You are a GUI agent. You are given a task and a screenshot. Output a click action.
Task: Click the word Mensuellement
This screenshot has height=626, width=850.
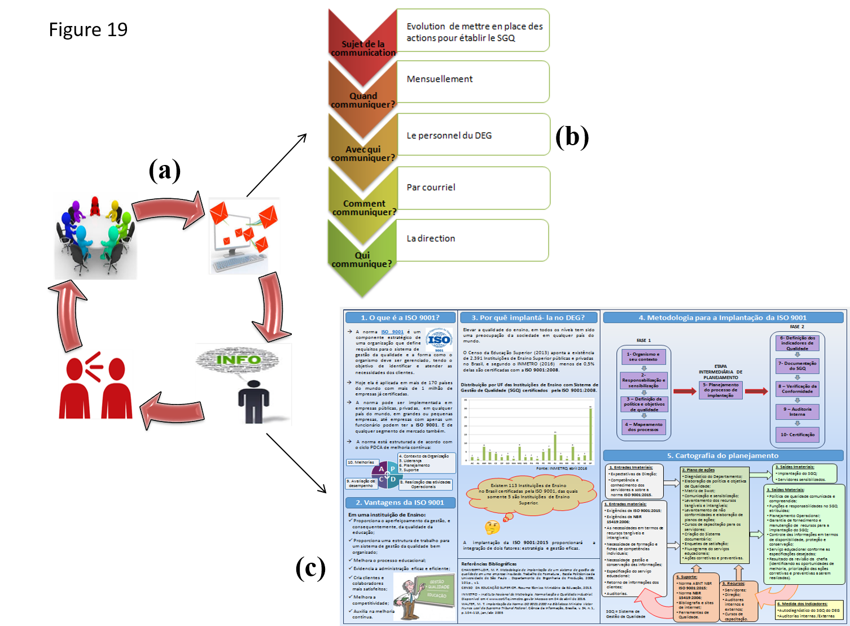coord(440,79)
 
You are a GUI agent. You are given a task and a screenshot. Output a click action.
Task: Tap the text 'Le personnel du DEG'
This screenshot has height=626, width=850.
coord(449,136)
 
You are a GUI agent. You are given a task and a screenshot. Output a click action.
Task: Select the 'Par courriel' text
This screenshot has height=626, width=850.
coord(431,188)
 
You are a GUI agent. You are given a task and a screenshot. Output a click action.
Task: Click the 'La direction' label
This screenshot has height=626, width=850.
coord(431,238)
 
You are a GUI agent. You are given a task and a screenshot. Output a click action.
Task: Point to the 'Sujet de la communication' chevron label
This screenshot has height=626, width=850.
coord(363,48)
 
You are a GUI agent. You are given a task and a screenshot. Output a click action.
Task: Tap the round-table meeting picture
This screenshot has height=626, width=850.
coord(95,236)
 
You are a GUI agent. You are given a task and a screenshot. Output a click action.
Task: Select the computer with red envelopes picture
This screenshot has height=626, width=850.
coord(244,236)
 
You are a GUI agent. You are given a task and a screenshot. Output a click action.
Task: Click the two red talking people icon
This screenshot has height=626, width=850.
coord(95,384)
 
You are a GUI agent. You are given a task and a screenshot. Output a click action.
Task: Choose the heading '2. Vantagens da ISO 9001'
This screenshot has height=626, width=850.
coord(400,502)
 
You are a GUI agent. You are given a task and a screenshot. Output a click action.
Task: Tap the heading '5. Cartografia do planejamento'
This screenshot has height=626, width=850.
coord(722,455)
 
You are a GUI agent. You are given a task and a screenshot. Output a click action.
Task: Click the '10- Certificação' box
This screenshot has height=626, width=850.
coord(797,434)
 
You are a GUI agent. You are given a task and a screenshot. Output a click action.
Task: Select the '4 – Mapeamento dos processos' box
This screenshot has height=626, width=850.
coord(643,427)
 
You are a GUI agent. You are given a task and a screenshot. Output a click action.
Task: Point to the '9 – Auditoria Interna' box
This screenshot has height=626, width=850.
coord(797,411)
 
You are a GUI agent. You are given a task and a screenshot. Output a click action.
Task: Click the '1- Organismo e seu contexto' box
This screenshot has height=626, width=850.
coord(643,357)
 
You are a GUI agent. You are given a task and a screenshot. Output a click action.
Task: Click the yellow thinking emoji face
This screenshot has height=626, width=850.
coord(492,528)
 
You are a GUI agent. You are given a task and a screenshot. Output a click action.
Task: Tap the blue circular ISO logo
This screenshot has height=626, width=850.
coord(439,340)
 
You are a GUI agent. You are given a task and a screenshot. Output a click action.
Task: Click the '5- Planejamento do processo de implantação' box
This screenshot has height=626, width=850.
coord(720,390)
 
